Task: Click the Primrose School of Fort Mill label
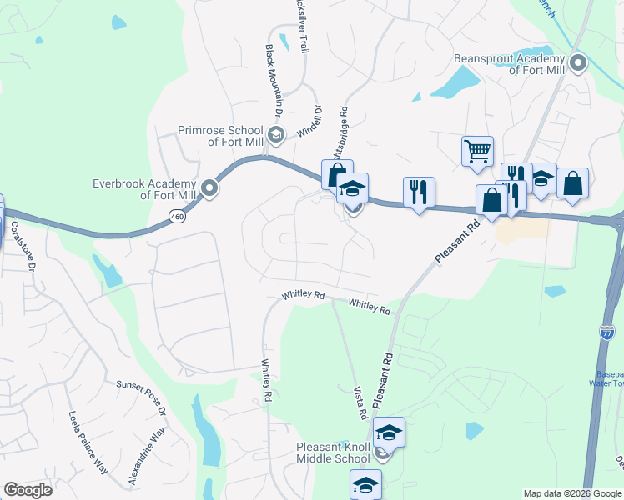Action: tap(220, 136)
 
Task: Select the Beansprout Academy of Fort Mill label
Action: tap(509, 64)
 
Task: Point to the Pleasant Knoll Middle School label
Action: tap(333, 452)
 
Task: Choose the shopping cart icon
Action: tap(477, 151)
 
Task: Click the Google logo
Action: tap(28, 489)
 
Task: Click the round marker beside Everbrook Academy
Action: tap(210, 189)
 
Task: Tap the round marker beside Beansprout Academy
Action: tap(577, 63)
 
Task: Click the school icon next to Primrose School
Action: tap(275, 134)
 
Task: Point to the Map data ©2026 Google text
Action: tap(572, 493)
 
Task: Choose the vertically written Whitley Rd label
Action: tap(267, 377)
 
